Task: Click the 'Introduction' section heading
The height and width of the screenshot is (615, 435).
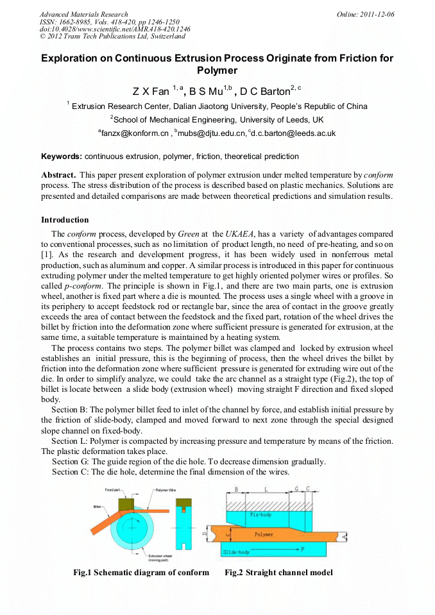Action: click(x=65, y=220)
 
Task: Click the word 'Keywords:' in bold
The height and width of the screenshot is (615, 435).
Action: click(x=61, y=156)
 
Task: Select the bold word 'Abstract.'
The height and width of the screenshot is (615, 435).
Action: click(x=59, y=175)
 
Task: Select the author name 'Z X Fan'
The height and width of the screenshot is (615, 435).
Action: click(x=151, y=92)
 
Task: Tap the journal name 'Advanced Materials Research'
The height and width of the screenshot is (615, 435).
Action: click(x=83, y=14)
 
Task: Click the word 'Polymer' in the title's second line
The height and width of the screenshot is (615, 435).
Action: click(x=217, y=71)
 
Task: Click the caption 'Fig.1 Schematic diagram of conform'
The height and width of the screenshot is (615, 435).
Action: click(x=141, y=573)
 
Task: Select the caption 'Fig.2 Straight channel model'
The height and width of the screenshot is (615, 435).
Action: click(x=278, y=573)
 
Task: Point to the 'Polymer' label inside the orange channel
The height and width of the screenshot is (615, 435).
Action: click(x=264, y=534)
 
